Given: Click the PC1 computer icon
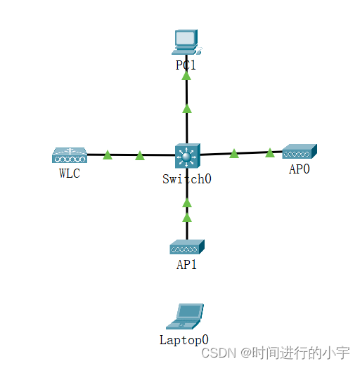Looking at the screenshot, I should click(186, 41).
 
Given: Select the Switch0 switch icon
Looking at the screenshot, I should click(187, 155).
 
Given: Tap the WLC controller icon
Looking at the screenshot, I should click(69, 155).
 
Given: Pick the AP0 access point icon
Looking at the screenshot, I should click(300, 151).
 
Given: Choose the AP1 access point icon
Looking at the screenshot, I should click(187, 247).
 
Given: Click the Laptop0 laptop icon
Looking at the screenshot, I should click(186, 317).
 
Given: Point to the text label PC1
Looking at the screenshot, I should click(186, 65).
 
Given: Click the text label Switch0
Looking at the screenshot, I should click(187, 178).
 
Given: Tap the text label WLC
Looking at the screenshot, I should click(70, 174).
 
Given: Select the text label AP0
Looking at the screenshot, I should click(300, 169).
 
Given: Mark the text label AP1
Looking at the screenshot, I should click(187, 265).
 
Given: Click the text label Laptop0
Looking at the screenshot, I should click(184, 340).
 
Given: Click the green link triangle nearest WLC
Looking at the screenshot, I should click(108, 155).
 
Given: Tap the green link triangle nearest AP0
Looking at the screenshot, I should click(270, 152).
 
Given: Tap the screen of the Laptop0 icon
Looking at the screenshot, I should click(190, 313).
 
